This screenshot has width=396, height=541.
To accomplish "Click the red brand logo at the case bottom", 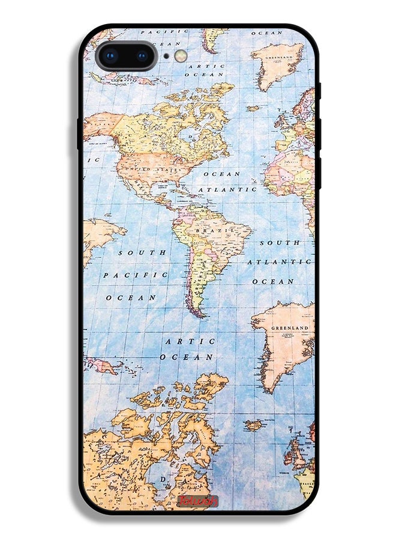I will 197,500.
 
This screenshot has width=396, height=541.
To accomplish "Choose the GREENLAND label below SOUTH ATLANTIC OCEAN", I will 290,328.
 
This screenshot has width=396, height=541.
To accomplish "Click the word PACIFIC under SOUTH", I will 136,275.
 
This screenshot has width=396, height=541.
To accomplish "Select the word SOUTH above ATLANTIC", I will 280,243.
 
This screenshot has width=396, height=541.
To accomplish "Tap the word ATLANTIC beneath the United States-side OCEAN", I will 227,189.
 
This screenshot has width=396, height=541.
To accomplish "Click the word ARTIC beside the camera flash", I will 206,66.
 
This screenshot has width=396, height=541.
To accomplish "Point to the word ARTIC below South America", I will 190,341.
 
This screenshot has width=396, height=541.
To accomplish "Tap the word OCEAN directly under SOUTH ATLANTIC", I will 273,281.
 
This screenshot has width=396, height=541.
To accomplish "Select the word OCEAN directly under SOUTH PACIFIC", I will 131,298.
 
